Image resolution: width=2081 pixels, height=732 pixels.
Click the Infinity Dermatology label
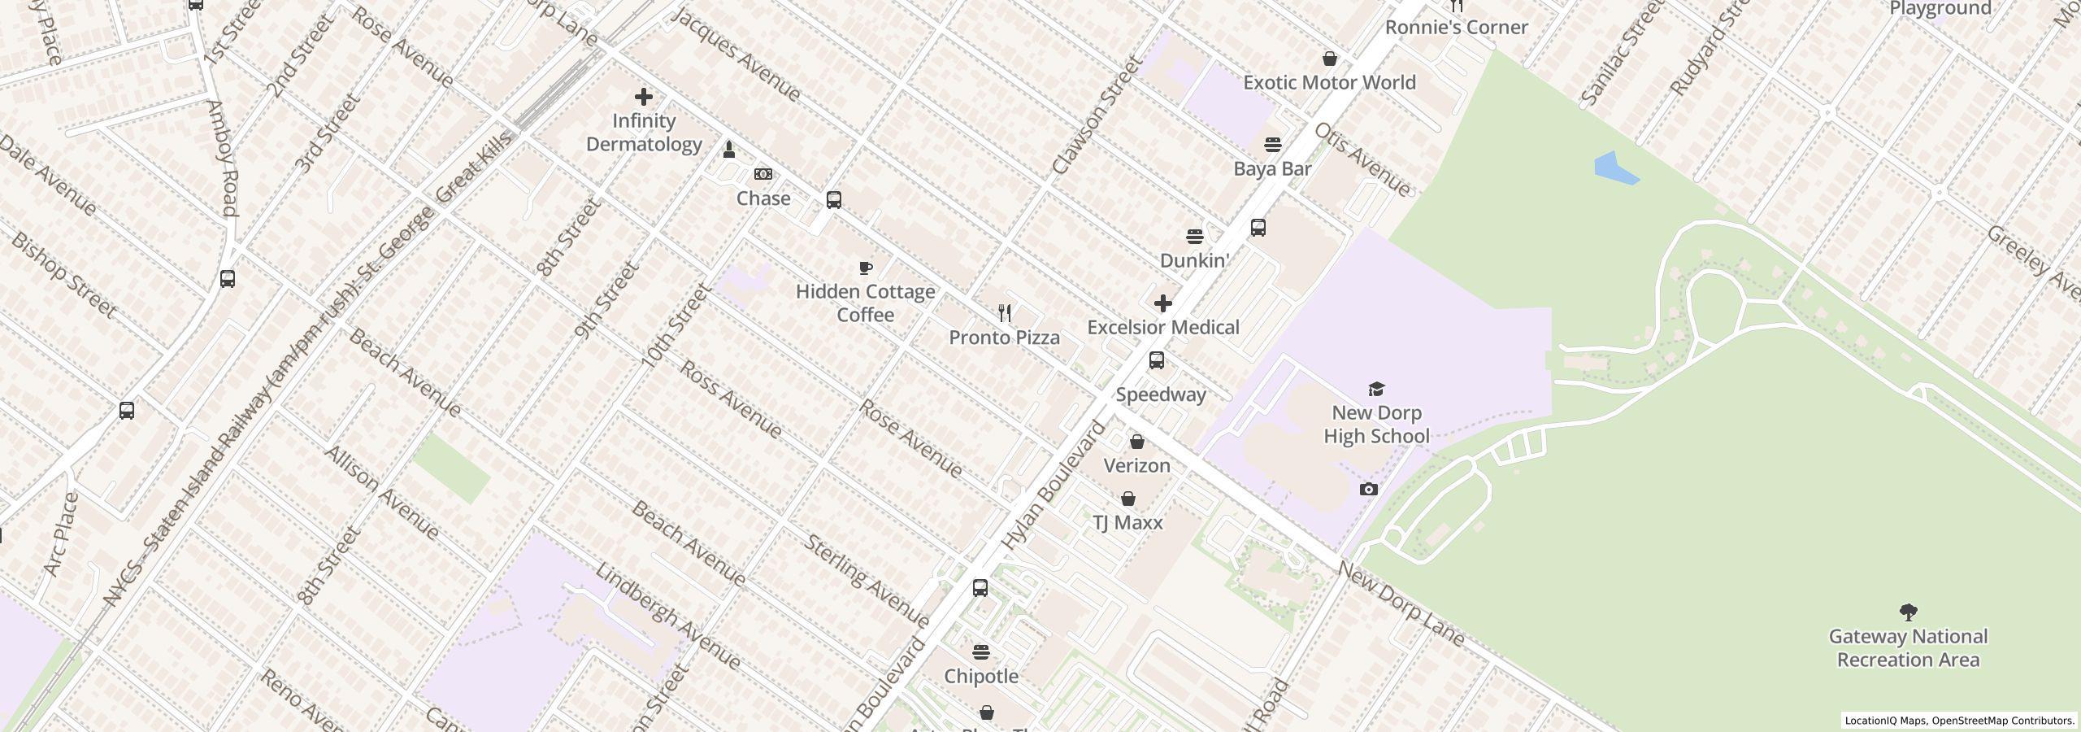click(644, 133)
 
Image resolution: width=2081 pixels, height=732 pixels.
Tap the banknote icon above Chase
click(762, 174)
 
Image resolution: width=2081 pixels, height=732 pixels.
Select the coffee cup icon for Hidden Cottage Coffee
click(866, 268)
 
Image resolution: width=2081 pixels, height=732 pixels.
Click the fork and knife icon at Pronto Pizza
click(1005, 313)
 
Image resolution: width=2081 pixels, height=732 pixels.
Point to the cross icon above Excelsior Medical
click(1163, 303)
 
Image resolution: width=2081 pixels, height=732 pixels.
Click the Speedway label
click(1161, 394)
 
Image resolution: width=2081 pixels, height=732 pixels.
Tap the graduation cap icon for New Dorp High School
click(1376, 389)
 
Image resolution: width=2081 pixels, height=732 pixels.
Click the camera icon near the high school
click(1369, 489)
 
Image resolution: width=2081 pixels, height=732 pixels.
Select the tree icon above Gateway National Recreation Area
click(1908, 612)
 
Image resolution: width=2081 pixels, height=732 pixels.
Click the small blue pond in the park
click(1614, 168)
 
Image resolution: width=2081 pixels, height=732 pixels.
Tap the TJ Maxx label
click(1127, 522)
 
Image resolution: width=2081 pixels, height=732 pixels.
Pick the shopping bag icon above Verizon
click(1136, 442)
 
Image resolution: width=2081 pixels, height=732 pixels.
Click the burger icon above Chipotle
click(981, 652)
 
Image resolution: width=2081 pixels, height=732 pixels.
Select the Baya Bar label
click(1272, 168)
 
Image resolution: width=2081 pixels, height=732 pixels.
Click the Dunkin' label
click(1194, 260)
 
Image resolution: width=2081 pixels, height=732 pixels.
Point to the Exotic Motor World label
click(1329, 82)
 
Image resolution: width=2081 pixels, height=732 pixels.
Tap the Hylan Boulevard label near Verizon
click(1054, 485)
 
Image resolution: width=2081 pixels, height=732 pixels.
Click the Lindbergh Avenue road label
click(667, 616)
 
